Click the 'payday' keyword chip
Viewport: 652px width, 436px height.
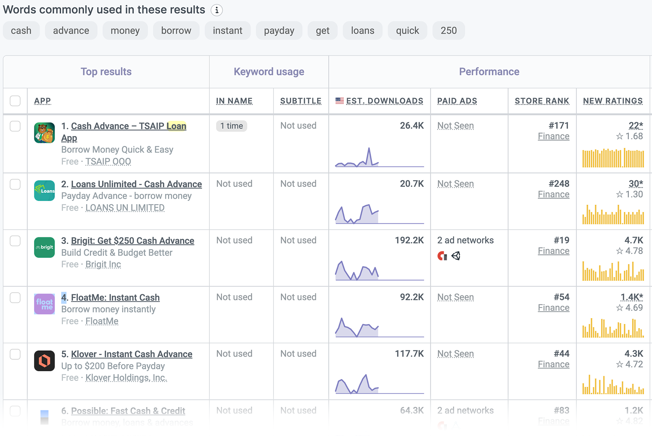[279, 31]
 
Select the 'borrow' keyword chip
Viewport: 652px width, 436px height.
[176, 31]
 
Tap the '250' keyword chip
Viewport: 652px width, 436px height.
[448, 31]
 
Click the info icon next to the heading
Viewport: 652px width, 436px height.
[216, 10]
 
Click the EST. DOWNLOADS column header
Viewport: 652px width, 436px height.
[384, 101]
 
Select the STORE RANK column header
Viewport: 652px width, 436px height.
[542, 101]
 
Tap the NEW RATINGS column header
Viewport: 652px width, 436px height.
[613, 101]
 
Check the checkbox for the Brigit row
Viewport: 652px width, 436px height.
[15, 241]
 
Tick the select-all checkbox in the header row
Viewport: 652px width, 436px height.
[15, 101]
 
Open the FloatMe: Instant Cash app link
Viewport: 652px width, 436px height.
[115, 297]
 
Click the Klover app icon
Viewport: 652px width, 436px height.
[44, 361]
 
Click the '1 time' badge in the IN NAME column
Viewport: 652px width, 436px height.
[231, 126]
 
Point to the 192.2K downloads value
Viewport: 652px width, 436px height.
[409, 241]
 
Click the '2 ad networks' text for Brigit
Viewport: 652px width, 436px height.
[465, 241]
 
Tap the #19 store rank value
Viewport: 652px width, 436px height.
[561, 241]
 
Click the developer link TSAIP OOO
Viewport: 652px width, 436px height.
[108, 162]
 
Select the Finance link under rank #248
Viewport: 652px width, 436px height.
[553, 194]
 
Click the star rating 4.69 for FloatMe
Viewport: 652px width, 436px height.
[630, 308]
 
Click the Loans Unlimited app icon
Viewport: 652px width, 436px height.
[44, 191]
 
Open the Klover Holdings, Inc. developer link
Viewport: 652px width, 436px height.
[126, 378]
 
